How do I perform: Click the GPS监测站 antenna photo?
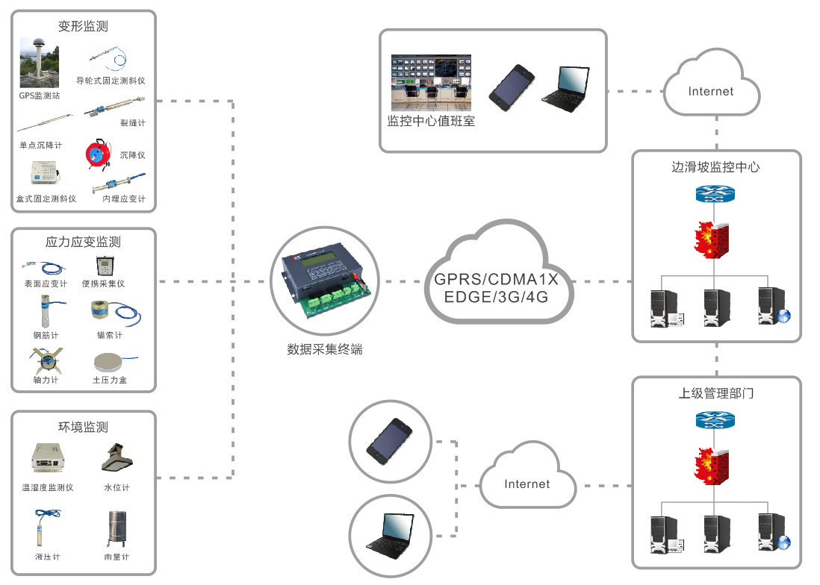(39, 63)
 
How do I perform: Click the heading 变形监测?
(83, 26)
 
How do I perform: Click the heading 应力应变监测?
(83, 242)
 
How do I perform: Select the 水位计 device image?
(117, 458)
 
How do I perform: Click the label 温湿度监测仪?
(48, 487)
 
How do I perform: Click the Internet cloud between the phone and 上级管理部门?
(527, 483)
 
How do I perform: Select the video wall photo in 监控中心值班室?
(432, 80)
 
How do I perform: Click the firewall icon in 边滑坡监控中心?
(712, 240)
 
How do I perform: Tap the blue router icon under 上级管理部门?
(715, 420)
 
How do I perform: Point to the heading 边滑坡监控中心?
(715, 167)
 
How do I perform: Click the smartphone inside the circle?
(389, 439)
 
